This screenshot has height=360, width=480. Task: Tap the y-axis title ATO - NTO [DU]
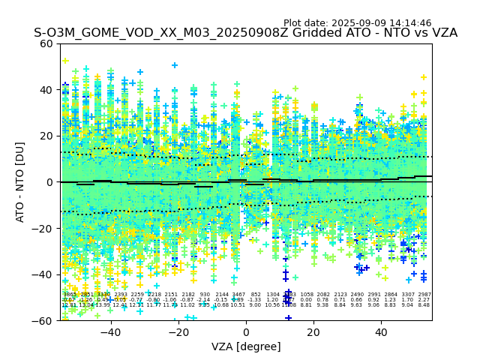[21, 182]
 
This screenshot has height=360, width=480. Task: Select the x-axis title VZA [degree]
[246, 346]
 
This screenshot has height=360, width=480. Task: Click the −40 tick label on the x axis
[110, 332]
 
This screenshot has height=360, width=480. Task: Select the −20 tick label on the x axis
[178, 332]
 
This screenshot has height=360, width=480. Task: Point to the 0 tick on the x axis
[246, 332]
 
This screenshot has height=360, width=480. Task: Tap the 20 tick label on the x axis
[313, 332]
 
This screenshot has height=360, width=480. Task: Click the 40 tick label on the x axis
[381, 332]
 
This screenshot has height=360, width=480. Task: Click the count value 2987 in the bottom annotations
[424, 295]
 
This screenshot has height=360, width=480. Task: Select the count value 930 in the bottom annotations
[205, 295]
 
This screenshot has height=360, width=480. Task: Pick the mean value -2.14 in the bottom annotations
[205, 300]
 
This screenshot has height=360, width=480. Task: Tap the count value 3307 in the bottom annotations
[408, 295]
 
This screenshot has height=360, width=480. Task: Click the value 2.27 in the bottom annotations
[424, 300]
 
